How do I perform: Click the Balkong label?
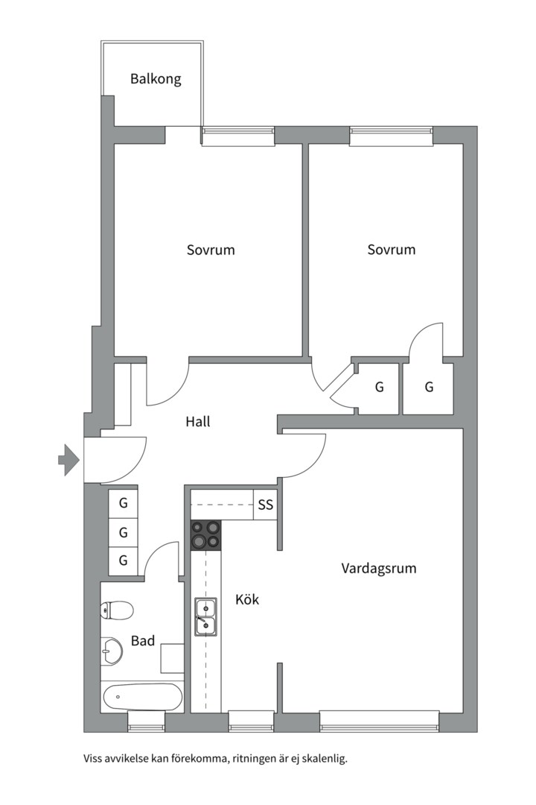pos(156,78)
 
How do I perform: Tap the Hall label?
pos(197,421)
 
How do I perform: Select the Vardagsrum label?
pos(378,568)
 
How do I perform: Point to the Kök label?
pos(247,599)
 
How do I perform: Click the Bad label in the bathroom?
pos(143,640)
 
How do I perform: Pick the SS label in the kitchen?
pos(266,505)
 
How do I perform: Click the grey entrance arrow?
pos(68,459)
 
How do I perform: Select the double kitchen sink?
pos(205,616)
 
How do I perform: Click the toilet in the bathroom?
pos(117,610)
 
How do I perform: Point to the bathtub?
pos(142,698)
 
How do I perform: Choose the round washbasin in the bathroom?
pos(112,651)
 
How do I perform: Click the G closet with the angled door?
pos(379,387)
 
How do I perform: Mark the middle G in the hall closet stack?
pos(124,532)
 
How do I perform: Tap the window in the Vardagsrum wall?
pos(380,719)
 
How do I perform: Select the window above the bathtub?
pos(146,720)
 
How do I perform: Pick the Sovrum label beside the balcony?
pos(210,250)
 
